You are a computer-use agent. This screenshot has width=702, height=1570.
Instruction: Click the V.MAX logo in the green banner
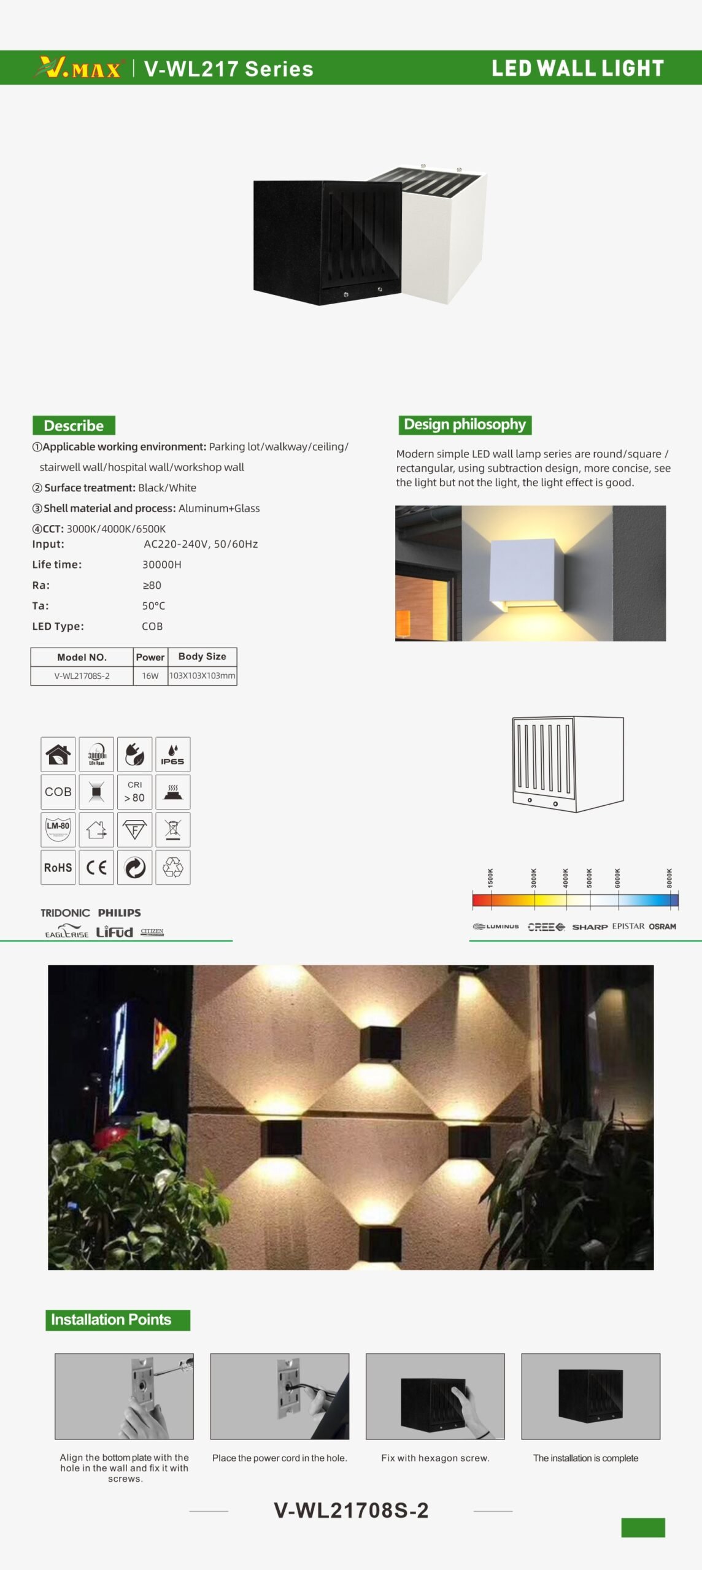[79, 68]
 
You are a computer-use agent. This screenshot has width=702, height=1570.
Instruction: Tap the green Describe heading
[74, 425]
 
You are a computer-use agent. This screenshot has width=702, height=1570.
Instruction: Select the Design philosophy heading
[465, 424]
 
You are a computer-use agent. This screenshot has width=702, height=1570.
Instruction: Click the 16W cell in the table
[150, 676]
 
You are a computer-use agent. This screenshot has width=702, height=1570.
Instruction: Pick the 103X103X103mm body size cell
[202, 676]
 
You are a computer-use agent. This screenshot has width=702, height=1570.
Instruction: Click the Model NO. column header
[82, 657]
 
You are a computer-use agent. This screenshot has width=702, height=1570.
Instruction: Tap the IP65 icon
[172, 754]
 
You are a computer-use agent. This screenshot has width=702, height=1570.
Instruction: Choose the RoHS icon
[58, 867]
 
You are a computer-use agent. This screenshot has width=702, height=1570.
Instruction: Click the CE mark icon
[96, 867]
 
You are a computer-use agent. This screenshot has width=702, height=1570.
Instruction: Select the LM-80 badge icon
[58, 829]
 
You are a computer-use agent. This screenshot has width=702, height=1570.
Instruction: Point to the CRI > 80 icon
[134, 792]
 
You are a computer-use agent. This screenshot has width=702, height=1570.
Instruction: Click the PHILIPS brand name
[119, 913]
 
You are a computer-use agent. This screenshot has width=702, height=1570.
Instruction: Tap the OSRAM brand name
[662, 926]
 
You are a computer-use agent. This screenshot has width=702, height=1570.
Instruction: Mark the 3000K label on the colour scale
[534, 878]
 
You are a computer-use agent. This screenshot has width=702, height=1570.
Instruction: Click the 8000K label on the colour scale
[669, 878]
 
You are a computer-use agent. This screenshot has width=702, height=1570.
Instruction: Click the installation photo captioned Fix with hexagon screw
[435, 1396]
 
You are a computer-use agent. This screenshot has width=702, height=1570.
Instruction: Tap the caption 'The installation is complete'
[585, 1458]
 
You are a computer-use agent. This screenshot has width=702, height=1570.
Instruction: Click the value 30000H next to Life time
[162, 564]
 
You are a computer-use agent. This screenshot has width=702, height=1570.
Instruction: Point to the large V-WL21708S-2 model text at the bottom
[351, 1510]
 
